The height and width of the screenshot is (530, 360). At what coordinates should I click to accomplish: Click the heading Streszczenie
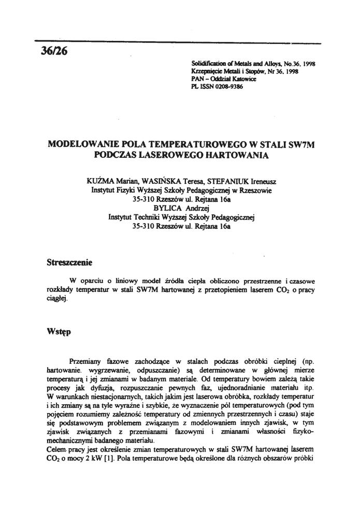coord(69,262)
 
